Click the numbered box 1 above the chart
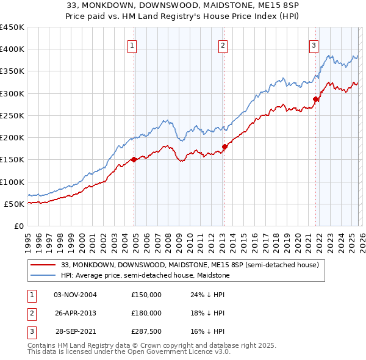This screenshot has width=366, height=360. (132, 45)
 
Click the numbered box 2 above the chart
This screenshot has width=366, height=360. (223, 45)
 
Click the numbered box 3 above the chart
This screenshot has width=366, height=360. (314, 45)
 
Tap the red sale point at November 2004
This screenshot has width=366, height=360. (134, 160)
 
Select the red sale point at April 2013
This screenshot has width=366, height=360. (224, 146)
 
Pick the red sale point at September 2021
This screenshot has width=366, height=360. (315, 99)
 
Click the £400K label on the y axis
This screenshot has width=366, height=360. (12, 49)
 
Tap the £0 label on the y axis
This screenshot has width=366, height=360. (18, 226)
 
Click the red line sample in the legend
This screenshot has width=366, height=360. (43, 265)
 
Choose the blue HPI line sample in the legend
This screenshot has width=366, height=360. (43, 276)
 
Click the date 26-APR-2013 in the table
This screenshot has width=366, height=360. (76, 313)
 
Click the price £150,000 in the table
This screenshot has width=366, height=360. (146, 295)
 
